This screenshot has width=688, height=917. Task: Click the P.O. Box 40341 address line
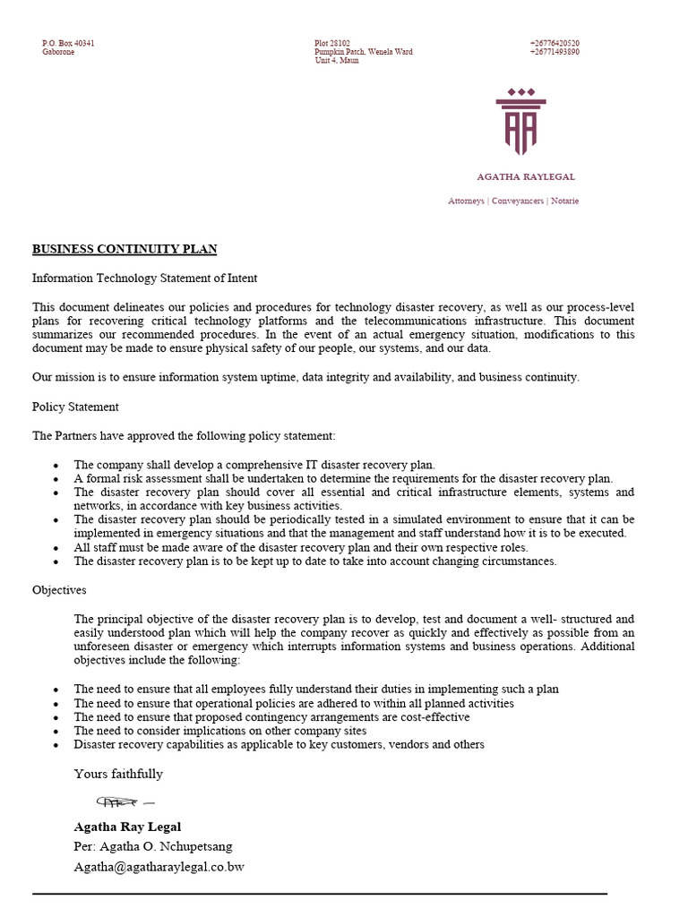(68, 43)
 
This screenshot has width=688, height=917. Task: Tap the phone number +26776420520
(554, 43)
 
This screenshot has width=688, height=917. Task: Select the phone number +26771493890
(554, 52)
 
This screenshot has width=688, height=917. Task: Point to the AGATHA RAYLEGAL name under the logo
(526, 177)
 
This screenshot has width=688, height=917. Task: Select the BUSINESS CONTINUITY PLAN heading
(125, 249)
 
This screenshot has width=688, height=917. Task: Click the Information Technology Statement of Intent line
(144, 279)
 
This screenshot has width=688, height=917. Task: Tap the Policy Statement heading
(75, 407)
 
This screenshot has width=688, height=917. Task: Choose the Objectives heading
(59, 590)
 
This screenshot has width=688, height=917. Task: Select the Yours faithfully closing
(118, 774)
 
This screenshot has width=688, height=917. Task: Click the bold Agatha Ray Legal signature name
(127, 827)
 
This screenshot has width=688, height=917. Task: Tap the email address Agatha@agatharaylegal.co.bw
(159, 867)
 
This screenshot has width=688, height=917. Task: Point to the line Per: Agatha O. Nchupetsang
(153, 846)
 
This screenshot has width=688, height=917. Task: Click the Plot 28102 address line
(332, 43)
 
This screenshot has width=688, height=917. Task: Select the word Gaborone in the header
(58, 52)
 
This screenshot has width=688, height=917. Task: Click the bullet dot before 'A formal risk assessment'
(56, 479)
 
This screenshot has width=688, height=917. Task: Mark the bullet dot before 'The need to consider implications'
(56, 732)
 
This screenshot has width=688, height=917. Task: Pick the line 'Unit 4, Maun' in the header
(336, 61)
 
